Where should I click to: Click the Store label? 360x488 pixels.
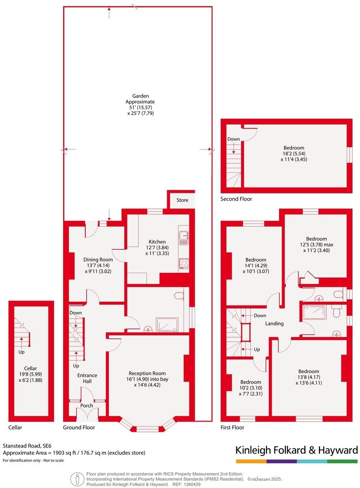(x=182, y=200)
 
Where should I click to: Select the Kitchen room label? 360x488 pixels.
(x=157, y=242)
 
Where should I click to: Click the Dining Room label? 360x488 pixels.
(x=98, y=260)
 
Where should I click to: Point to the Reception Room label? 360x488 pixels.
(x=146, y=373)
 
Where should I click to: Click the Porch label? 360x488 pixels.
(x=87, y=406)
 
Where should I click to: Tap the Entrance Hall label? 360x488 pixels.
(x=87, y=378)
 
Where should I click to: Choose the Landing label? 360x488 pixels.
(x=274, y=324)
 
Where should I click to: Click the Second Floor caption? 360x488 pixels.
(x=236, y=199)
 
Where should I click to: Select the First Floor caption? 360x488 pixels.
(x=232, y=427)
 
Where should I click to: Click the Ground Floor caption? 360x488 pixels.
(x=79, y=427)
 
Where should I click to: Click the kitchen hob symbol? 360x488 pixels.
(x=184, y=263)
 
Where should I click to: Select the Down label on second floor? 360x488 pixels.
(x=233, y=139)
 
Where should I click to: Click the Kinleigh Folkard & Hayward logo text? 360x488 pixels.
(x=296, y=450)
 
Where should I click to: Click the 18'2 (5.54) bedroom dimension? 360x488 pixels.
(x=294, y=154)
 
